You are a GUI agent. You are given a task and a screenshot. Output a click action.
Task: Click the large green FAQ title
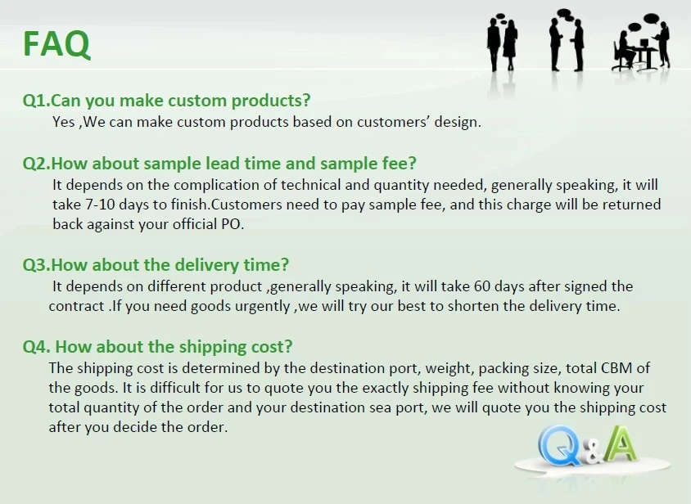56,44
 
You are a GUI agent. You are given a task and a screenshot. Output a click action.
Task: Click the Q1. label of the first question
37,101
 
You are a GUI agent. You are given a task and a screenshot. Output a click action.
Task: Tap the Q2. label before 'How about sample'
37,164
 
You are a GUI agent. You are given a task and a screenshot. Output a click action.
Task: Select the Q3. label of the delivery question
37,265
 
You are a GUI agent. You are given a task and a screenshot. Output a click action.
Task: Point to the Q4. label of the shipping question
37,347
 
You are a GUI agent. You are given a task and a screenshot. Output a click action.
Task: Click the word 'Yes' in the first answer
64,122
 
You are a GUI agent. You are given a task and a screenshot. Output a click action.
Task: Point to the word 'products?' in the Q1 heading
271,101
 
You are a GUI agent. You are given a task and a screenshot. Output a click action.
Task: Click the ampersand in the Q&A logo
594,454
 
